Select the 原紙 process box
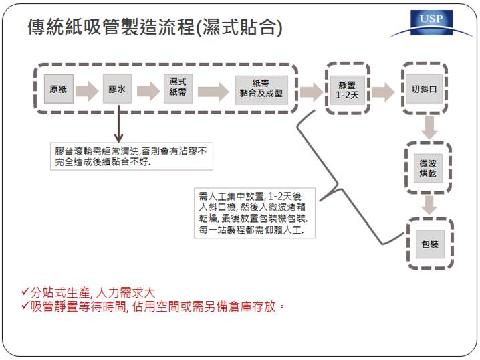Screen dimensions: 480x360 tap(58, 89)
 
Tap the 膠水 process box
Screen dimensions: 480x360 tap(117, 89)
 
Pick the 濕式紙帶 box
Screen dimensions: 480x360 tap(178, 89)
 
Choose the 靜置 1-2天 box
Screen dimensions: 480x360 tap(348, 90)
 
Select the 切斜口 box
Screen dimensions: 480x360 tap(425, 89)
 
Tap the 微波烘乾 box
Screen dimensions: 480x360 tap(428, 169)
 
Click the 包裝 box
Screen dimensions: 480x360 tap(430, 244)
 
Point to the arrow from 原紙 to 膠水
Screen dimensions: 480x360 tap(88, 91)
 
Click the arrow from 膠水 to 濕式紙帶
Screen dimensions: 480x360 tap(148, 91)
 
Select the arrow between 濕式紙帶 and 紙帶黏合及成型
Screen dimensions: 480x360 tap(213, 91)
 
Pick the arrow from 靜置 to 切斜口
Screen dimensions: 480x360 tap(383, 92)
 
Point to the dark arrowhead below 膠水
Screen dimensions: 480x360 tap(119, 138)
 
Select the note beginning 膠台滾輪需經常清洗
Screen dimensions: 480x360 tap(132, 157)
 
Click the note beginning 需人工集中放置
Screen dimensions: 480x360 tap(255, 213)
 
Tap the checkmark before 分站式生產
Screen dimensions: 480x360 tap(25, 291)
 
